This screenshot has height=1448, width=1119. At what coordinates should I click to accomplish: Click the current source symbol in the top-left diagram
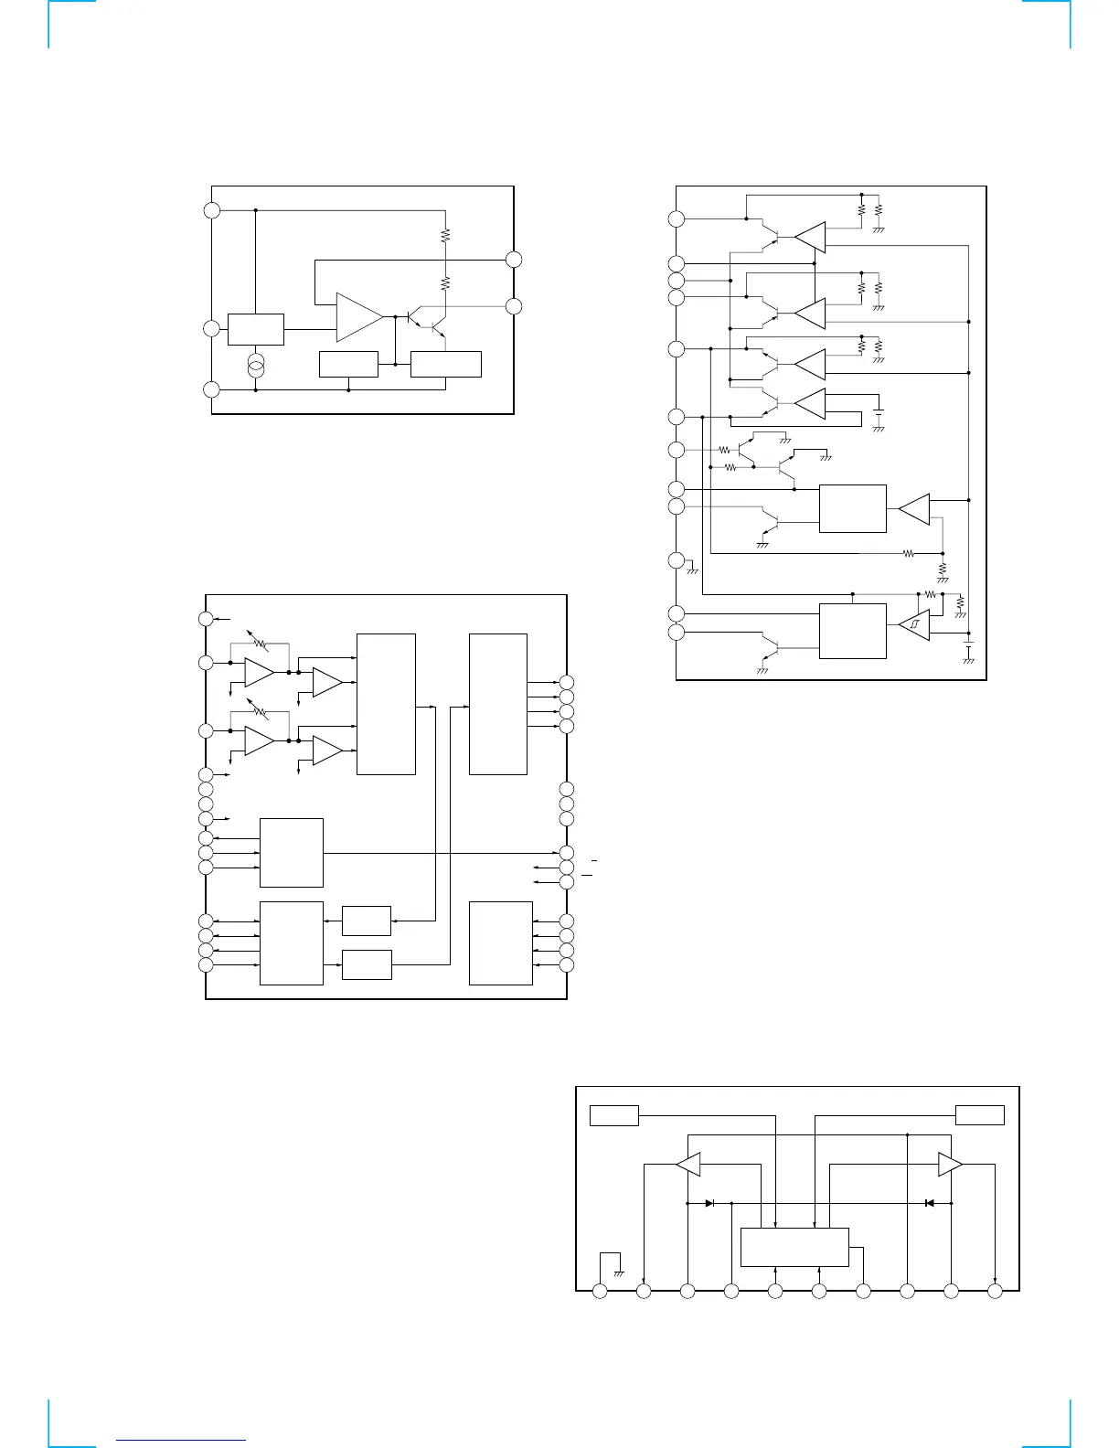pos(256,367)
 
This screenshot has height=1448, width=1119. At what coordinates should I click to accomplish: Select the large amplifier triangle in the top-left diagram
pos(359,317)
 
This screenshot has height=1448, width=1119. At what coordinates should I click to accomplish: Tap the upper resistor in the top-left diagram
pos(446,235)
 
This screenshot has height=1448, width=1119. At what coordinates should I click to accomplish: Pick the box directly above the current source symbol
pos(256,329)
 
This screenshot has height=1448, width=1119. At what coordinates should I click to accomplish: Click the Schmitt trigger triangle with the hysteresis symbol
pos(913,625)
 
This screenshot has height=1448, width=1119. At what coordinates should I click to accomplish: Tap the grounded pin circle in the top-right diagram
pos(676,559)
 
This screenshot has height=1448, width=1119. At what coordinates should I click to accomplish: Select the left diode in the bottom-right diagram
pos(710,1203)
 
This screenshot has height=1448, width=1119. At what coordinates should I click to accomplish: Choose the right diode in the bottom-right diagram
pos(929,1203)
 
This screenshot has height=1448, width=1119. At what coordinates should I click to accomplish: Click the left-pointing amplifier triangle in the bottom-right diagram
pos(688,1165)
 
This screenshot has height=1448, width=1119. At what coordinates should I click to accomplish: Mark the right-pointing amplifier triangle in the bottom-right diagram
pos(950,1165)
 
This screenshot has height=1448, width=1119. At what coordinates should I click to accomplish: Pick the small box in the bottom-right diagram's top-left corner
pos(613,1115)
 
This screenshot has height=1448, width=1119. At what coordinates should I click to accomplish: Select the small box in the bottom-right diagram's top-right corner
pos(979,1115)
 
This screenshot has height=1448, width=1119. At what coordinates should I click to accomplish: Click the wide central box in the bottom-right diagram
pos(794,1247)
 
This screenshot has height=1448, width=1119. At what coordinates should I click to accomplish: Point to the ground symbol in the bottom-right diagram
pos(619,1272)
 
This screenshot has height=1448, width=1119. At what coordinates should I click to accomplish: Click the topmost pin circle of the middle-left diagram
pos(206,619)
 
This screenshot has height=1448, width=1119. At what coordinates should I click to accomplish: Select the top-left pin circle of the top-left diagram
pos(212,209)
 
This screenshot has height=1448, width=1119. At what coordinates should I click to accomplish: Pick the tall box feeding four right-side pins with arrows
pos(497,704)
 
